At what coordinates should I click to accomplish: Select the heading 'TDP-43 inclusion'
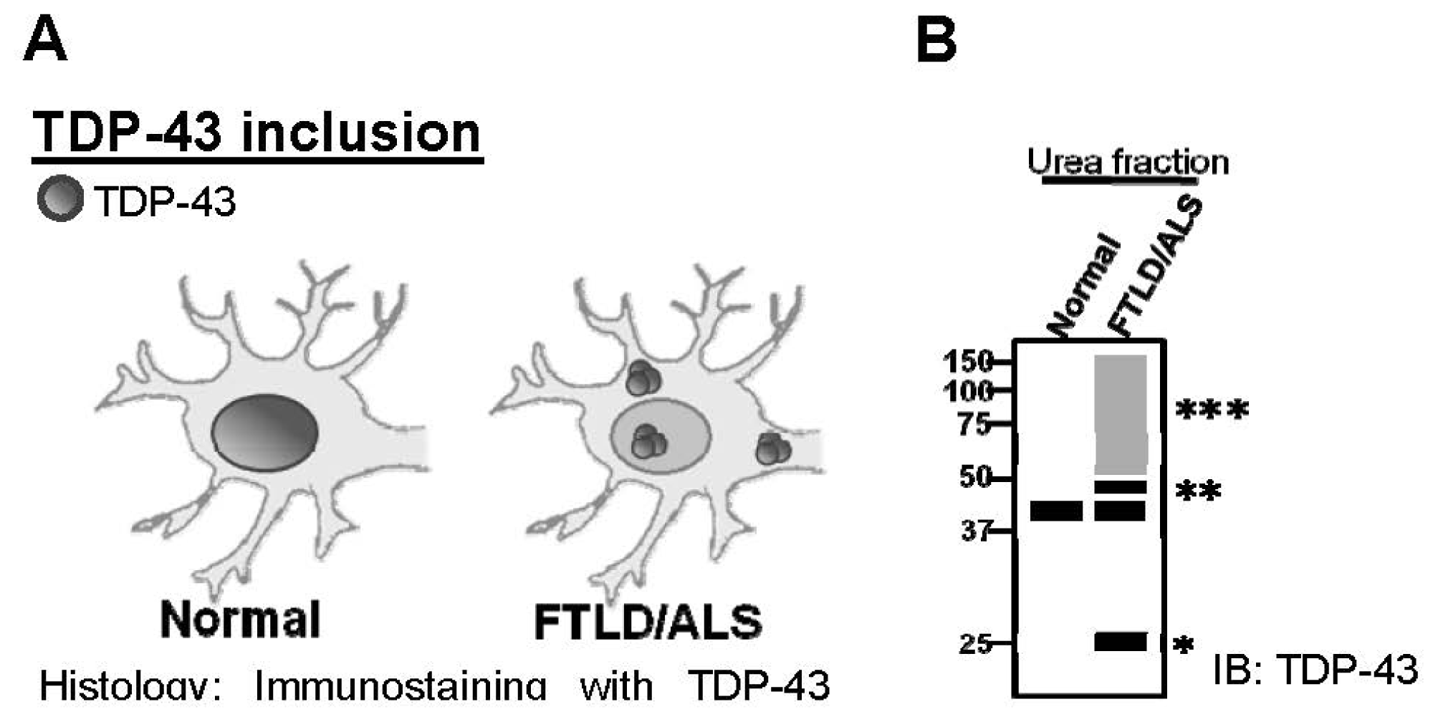[x=257, y=133]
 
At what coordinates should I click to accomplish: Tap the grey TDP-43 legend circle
[x=60, y=198]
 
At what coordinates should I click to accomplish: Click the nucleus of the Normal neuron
[x=265, y=432]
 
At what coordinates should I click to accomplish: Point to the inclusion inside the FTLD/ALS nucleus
[x=648, y=441]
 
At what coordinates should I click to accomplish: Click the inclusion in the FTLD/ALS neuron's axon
[x=772, y=448]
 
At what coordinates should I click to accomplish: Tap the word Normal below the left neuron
[x=240, y=620]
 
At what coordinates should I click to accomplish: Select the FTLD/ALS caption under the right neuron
[x=648, y=622]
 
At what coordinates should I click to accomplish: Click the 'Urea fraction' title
[x=1128, y=162]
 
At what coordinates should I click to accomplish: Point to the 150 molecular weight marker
[x=968, y=362]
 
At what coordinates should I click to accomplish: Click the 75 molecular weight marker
[x=974, y=425]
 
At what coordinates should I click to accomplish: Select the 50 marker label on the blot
[x=974, y=476]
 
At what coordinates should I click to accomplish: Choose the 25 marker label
[x=975, y=644]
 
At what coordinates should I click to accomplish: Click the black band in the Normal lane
[x=1056, y=511]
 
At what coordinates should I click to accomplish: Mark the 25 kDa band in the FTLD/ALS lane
[x=1121, y=642]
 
